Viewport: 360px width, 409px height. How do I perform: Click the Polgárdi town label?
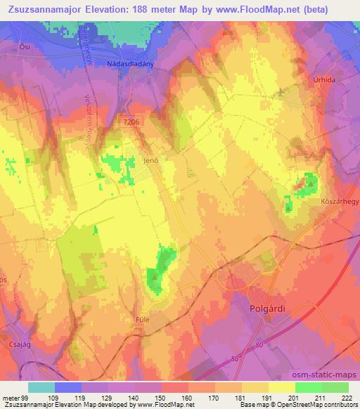pyautogui.click(x=270, y=309)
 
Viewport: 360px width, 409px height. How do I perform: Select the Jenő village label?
pyautogui.click(x=148, y=160)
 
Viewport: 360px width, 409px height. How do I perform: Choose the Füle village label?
pyautogui.click(x=143, y=318)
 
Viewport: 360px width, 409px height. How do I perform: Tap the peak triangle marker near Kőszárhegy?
pyautogui.click(x=309, y=184)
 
